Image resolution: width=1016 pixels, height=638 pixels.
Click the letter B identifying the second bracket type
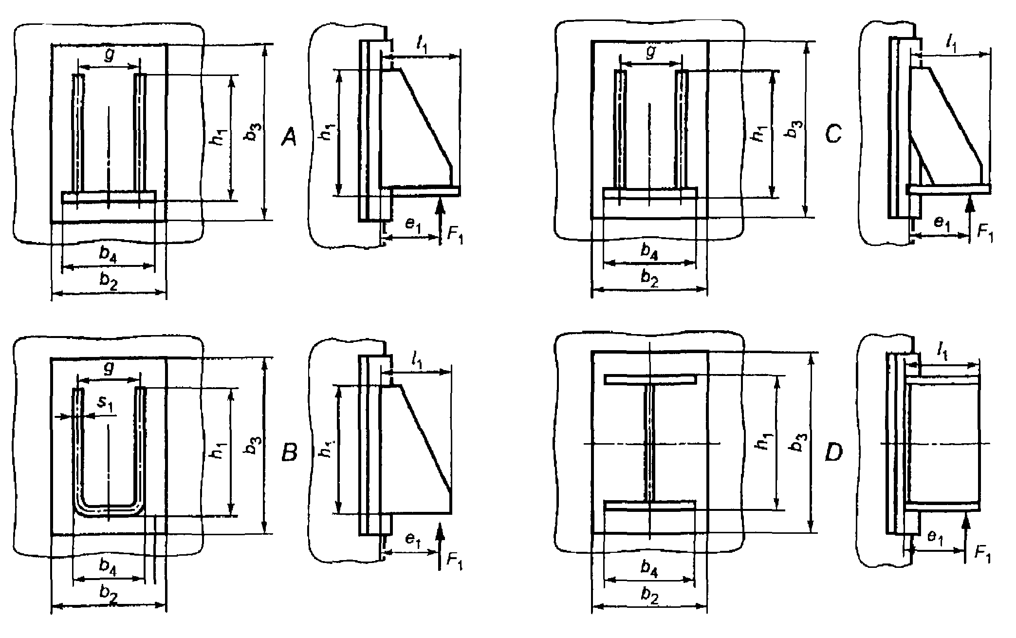point(290,453)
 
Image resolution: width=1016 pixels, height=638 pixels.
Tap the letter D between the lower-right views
point(833,453)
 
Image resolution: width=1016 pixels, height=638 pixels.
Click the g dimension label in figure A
point(110,56)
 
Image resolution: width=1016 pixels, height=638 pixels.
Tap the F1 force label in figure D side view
point(982,553)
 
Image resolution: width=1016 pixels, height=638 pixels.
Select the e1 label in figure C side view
point(942,223)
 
